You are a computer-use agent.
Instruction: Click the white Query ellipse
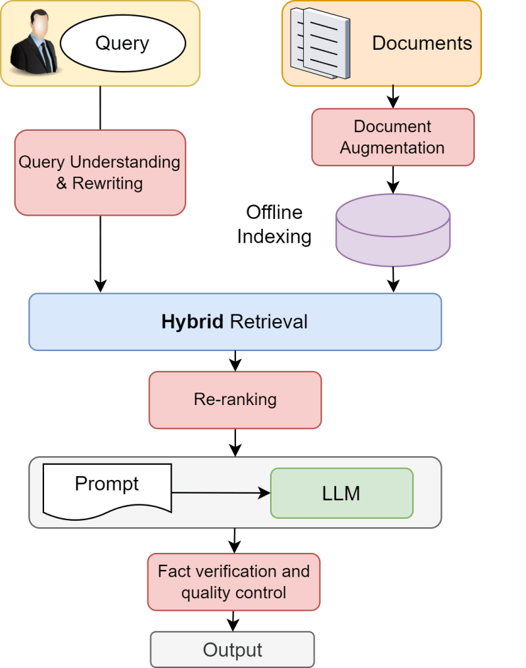123,43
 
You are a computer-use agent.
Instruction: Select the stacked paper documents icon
320,43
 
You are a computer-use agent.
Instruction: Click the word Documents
422,43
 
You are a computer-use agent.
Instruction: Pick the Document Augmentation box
393,137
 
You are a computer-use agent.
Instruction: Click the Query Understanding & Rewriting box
100,172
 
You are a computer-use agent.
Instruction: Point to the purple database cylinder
393,230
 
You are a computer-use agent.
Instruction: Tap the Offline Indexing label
274,224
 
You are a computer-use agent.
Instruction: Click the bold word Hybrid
192,322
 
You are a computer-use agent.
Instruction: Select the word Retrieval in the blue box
269,322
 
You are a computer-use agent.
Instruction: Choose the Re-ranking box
235,400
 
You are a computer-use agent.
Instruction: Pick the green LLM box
342,493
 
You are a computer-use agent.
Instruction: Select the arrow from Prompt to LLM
221,493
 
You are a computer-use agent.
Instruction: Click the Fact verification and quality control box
234,582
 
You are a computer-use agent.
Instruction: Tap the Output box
233,650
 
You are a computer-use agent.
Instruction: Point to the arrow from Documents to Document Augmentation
393,97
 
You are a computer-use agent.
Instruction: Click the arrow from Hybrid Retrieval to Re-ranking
235,361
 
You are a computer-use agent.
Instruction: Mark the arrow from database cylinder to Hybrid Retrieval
393,280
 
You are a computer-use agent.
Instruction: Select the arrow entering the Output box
233,621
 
